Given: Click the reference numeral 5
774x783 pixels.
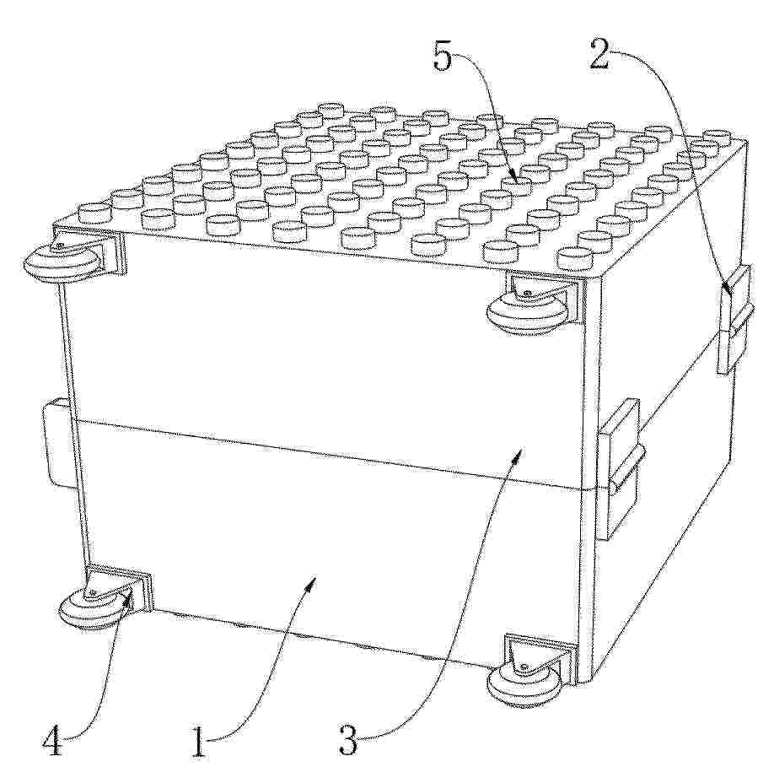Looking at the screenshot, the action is [x=442, y=57].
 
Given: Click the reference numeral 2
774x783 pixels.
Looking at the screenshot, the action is [x=599, y=54].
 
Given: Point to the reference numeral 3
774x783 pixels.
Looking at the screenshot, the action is [x=348, y=740].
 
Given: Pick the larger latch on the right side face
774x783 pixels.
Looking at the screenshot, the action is [x=621, y=469].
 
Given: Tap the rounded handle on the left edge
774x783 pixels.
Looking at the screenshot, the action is [x=56, y=442].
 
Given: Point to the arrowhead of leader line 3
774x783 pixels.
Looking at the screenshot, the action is [x=519, y=454].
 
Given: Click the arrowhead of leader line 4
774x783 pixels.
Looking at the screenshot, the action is [x=129, y=597].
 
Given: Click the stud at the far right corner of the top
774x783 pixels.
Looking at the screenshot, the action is [x=718, y=136].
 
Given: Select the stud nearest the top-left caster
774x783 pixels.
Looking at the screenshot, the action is [x=94, y=213].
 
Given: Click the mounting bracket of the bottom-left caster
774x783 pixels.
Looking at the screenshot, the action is [x=120, y=584].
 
